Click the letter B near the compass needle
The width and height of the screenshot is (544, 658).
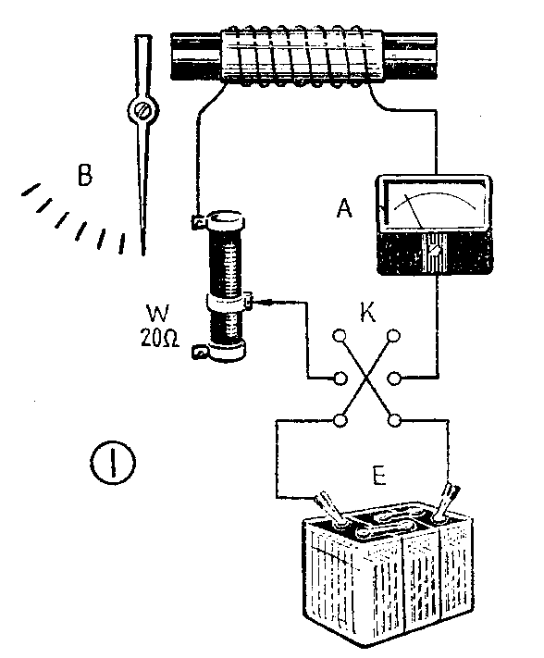point(85,176)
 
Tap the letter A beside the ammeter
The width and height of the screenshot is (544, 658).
point(344,207)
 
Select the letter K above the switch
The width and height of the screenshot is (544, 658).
point(367,312)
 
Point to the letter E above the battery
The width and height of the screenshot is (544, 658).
point(379,476)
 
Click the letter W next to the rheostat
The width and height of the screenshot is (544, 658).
point(158,313)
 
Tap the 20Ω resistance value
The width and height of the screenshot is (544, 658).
point(159,337)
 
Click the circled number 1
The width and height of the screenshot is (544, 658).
point(113,461)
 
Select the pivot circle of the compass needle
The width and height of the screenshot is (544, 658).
point(143,111)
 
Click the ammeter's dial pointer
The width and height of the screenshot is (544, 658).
point(414,212)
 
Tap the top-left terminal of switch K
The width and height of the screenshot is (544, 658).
point(340,336)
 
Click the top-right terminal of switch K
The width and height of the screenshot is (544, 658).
point(393,336)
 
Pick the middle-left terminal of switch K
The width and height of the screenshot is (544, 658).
point(340,379)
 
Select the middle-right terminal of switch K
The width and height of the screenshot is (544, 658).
point(394,379)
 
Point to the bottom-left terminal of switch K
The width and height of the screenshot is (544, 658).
point(340,420)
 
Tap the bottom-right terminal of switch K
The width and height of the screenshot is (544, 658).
point(394,419)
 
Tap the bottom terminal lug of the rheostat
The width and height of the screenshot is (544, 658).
point(200,352)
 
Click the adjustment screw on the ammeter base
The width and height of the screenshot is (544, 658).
point(435,253)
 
